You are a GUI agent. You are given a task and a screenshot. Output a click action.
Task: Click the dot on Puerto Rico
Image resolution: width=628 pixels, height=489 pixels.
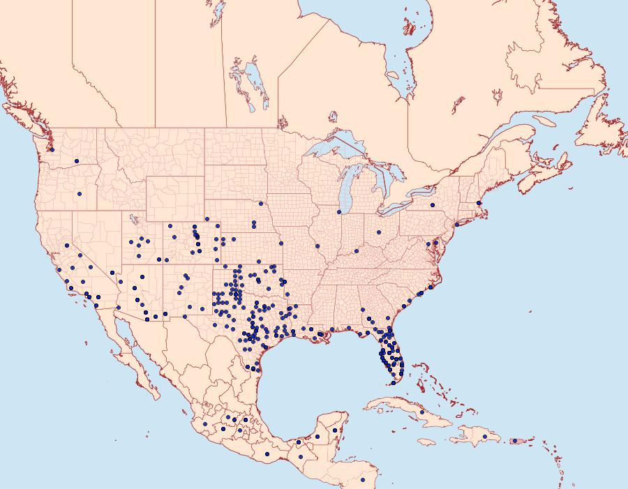[x=515, y=440]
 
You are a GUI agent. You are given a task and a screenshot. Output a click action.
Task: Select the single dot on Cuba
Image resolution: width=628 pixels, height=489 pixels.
[x=422, y=412]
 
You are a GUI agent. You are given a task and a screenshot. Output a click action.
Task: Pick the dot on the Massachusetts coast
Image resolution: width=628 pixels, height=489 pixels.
[x=479, y=203]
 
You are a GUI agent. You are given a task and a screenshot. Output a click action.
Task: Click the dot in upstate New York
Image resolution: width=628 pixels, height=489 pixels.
[x=433, y=205]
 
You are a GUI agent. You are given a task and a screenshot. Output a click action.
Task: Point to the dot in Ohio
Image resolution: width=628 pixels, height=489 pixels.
[x=379, y=232]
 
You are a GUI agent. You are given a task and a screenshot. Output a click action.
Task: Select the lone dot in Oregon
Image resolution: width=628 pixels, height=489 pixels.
[x=80, y=193]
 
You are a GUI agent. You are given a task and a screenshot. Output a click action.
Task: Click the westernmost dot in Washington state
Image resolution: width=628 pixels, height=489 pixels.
[x=52, y=149]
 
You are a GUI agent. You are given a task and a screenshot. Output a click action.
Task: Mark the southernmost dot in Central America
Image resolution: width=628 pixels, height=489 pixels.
[x=363, y=480]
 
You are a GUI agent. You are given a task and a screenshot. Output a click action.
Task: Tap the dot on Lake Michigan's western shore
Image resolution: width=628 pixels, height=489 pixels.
[x=338, y=211]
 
